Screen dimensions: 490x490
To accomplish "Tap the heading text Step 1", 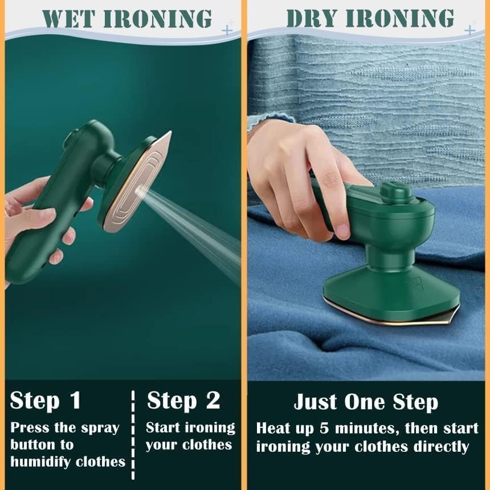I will coord(46,401).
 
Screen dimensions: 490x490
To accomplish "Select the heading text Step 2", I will coord(183,401).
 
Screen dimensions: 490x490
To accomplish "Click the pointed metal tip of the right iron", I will coord(454,312).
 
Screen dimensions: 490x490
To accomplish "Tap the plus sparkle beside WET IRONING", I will coord(228,28).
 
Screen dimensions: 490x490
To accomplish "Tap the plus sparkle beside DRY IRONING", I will coord(471,28).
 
